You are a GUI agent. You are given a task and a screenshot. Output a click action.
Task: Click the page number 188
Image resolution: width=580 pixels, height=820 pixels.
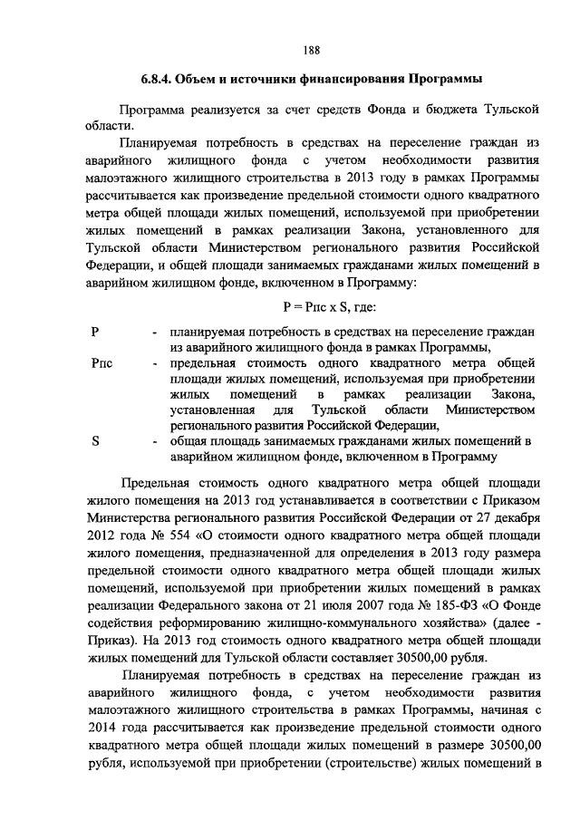tap(312, 49)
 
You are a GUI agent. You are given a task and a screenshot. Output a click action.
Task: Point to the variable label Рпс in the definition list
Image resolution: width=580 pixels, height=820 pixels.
tap(102, 362)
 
